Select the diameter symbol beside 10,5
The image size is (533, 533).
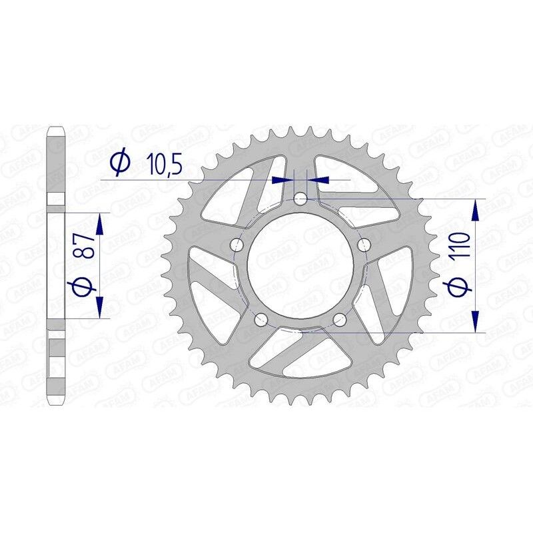[120, 162]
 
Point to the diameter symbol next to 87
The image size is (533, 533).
[83, 286]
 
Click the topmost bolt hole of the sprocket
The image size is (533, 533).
[300, 199]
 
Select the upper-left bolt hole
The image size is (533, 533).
[237, 245]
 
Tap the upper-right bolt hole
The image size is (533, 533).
[364, 245]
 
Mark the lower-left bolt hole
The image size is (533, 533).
[261, 319]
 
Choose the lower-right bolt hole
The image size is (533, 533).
[340, 319]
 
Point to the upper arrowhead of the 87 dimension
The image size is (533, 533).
[99, 223]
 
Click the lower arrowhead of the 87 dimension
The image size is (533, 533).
[99, 308]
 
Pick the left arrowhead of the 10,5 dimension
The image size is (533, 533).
[284, 179]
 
